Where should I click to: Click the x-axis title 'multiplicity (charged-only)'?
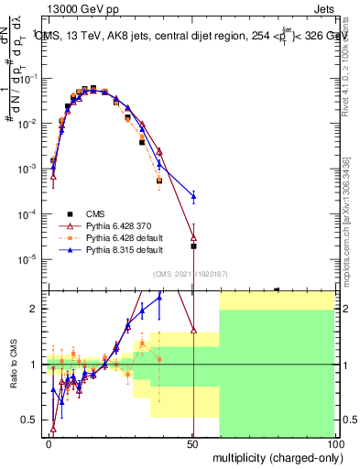pos(273,456)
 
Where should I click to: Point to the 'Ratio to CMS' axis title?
pos(13,364)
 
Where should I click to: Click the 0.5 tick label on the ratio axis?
pos(29,420)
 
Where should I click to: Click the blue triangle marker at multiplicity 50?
pos(193,196)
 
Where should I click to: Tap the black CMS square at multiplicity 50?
pos(193,245)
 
